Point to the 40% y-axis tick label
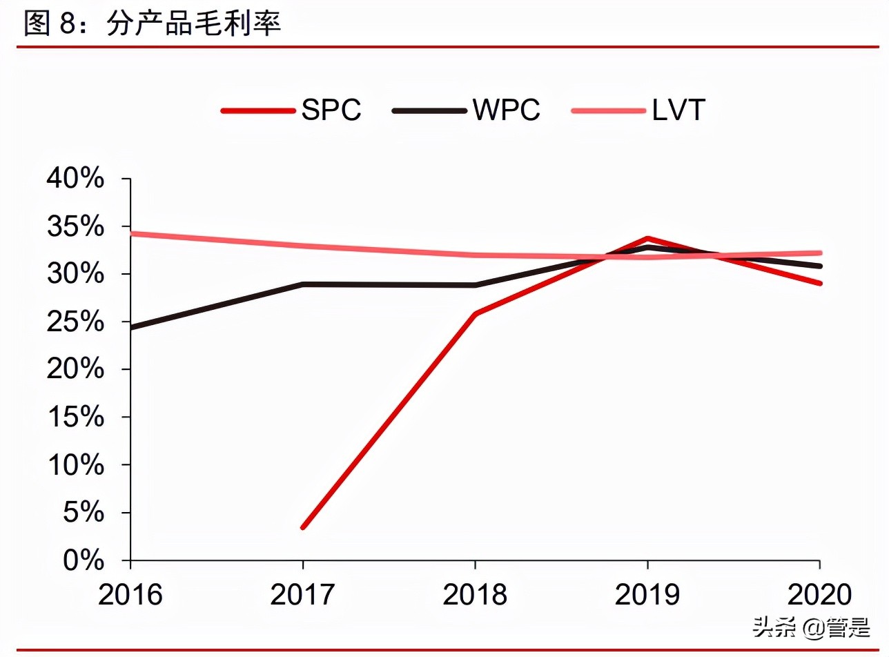(x=75, y=179)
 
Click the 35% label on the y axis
(x=75, y=227)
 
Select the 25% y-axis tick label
(x=75, y=322)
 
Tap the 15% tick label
(x=75, y=418)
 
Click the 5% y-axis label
(x=84, y=513)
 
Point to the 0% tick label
(x=84, y=560)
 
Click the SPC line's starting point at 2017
(x=303, y=527)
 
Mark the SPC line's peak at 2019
(x=647, y=239)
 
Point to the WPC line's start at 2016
(x=132, y=327)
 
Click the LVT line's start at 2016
(x=132, y=233)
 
